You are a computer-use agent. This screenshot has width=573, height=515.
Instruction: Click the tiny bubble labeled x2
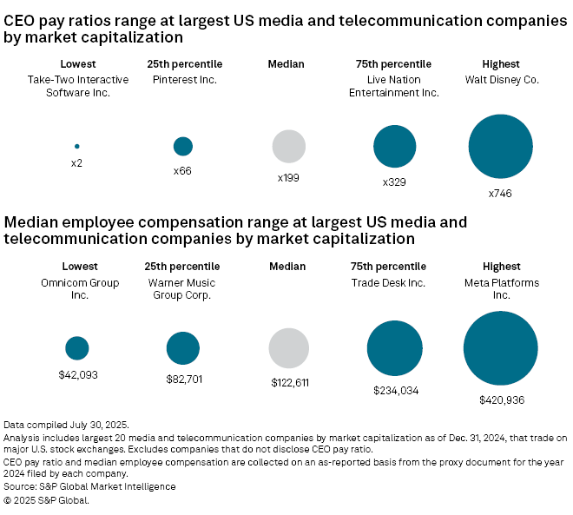coord(76,146)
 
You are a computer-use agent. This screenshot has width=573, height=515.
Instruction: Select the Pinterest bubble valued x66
coord(183,146)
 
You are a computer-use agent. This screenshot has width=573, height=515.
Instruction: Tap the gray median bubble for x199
coord(289,147)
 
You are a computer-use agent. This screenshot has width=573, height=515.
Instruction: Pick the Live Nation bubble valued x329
coord(395,147)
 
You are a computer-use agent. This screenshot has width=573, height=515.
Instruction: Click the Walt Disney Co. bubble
coord(501,147)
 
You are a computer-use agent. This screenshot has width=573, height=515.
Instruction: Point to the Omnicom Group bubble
coord(77,348)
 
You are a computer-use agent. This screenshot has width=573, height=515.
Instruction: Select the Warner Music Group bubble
coord(183,348)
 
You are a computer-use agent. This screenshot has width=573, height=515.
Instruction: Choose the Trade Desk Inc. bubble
coord(395,348)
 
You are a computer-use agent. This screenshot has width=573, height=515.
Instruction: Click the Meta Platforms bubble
coord(501,348)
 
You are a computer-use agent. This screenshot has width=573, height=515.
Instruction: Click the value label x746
coord(500,194)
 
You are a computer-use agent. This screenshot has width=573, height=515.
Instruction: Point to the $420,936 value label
coord(502,400)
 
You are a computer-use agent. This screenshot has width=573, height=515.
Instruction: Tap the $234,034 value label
coord(395,391)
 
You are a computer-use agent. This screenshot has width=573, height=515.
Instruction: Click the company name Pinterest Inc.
coord(183,80)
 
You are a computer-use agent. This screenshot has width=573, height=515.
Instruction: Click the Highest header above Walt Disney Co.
coord(501,64)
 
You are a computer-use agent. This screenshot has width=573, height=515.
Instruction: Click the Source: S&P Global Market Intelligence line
coord(90,486)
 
